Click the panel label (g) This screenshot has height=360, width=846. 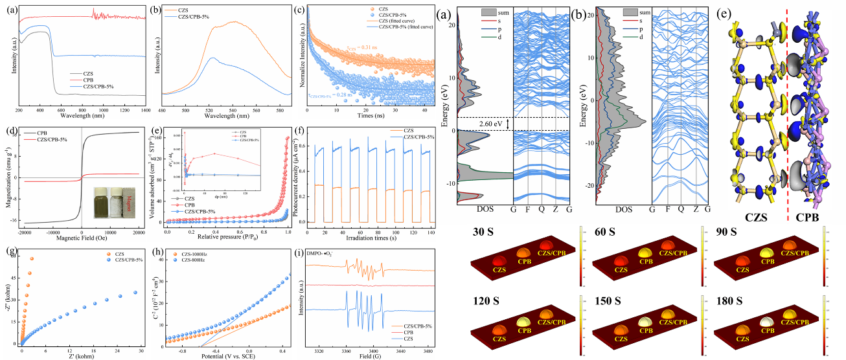point(10,249)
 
